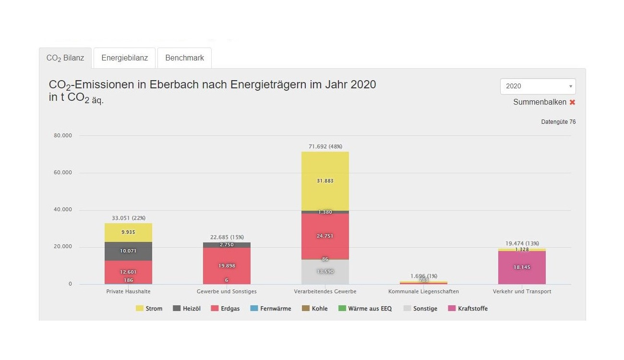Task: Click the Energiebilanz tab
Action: pyautogui.click(x=124, y=58)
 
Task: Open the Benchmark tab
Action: pyautogui.click(x=184, y=58)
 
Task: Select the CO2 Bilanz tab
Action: pyautogui.click(x=65, y=58)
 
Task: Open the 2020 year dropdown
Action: pyautogui.click(x=538, y=86)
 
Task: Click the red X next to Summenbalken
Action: pyautogui.click(x=572, y=102)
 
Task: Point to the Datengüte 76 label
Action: pyautogui.click(x=558, y=122)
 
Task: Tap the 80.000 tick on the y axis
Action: pyautogui.click(x=63, y=136)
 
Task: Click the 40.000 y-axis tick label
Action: pyautogui.click(x=63, y=210)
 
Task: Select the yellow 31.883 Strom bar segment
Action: pyautogui.click(x=325, y=181)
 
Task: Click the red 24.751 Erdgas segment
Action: pyautogui.click(x=325, y=236)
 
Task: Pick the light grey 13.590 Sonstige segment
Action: pyautogui.click(x=325, y=272)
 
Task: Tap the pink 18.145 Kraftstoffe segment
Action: pyautogui.click(x=522, y=267)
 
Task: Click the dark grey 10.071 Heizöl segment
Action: pyautogui.click(x=128, y=251)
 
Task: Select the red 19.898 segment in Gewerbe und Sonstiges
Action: pyautogui.click(x=227, y=265)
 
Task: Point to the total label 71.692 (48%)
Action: pyautogui.click(x=325, y=146)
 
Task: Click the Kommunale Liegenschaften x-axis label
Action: pyautogui.click(x=423, y=291)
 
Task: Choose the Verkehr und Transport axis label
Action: pyautogui.click(x=522, y=291)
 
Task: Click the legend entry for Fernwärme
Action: pyautogui.click(x=271, y=309)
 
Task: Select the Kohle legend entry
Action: pyautogui.click(x=315, y=309)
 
